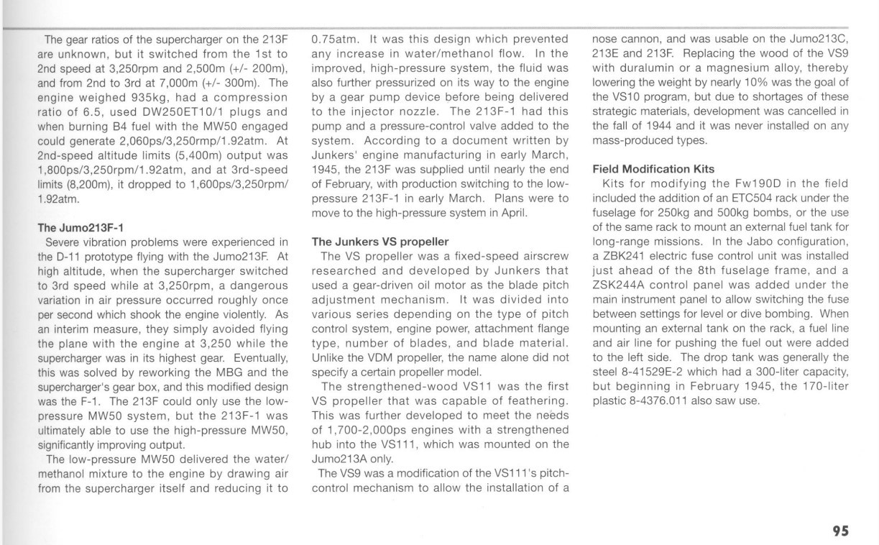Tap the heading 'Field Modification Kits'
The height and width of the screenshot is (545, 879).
[x=653, y=169]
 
